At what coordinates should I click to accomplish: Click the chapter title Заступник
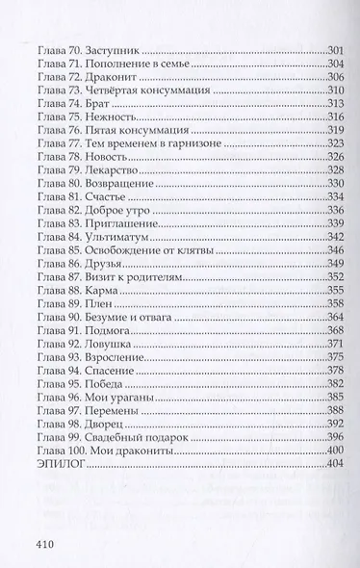point(118,49)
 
